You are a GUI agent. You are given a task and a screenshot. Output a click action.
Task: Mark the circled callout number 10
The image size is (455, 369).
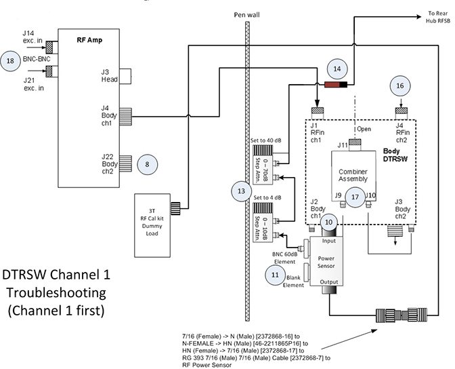[328, 221]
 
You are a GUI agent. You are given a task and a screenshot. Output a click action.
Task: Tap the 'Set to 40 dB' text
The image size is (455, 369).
[265, 140]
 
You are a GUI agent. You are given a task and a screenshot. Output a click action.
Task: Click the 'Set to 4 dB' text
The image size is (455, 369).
[267, 197]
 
